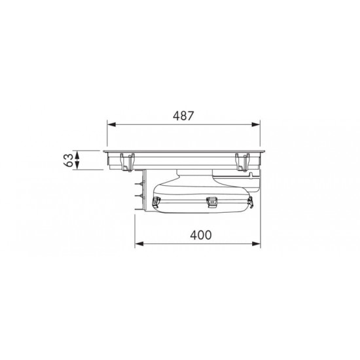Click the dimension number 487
tap(183, 116)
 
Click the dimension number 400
tap(201, 235)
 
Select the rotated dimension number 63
tap(69, 160)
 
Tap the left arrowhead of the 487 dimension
tap(111, 124)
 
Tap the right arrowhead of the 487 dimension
tap(256, 124)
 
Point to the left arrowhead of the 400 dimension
tap(139, 243)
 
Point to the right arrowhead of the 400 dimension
tap(257, 243)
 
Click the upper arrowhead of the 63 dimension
tap(77, 155)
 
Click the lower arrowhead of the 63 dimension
tap(77, 166)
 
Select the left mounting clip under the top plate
tap(128, 162)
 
